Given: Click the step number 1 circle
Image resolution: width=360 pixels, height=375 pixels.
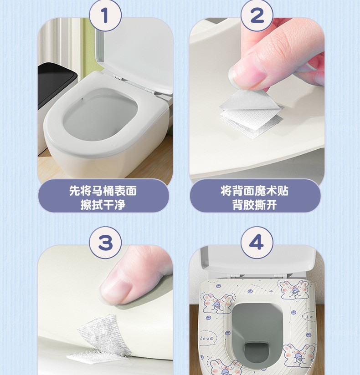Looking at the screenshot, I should (x=105, y=16).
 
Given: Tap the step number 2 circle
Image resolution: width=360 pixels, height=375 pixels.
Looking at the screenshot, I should (x=257, y=16).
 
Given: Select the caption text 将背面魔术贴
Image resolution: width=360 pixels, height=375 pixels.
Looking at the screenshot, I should (x=255, y=190).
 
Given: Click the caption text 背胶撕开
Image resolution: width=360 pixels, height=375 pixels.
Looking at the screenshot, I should (x=255, y=204).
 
